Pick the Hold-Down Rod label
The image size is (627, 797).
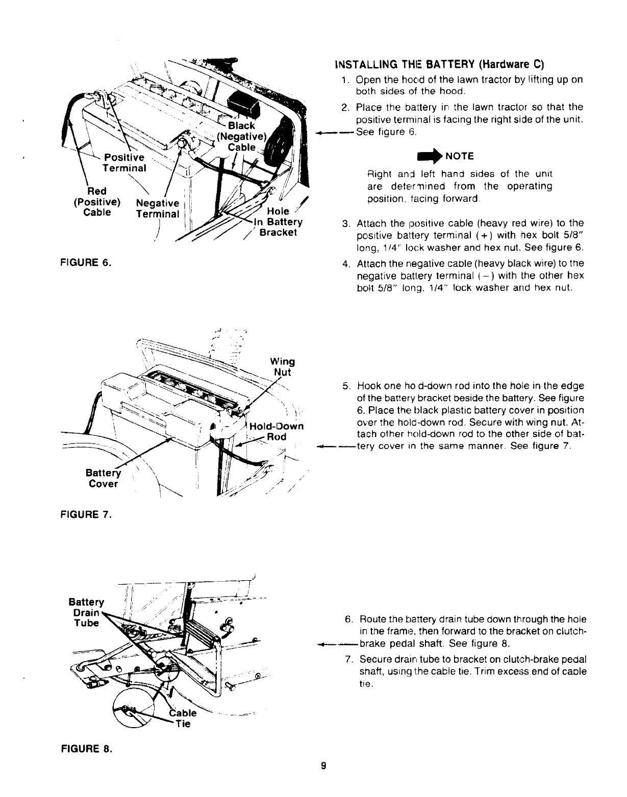pos(277,432)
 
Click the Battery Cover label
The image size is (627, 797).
pos(103,478)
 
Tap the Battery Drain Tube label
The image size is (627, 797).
pos(86,612)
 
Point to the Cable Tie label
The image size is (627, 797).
pos(183,718)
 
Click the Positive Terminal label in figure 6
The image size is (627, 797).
pos(124,162)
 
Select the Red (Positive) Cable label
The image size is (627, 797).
pos(97,202)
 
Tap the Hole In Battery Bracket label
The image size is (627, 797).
pos(278,222)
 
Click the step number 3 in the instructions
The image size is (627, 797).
pos(345,223)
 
